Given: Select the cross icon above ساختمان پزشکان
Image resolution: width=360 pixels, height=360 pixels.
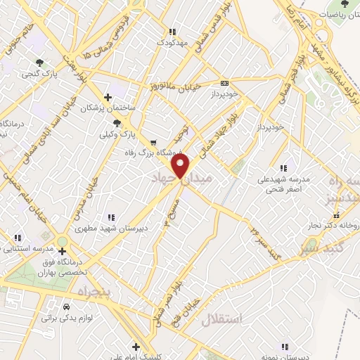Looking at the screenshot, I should pyautogui.click(x=107, y=97).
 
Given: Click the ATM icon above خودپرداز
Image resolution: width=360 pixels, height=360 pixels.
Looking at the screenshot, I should pyautogui.click(x=224, y=82).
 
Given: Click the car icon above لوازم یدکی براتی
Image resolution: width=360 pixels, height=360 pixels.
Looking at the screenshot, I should pyautogui.click(x=67, y=307).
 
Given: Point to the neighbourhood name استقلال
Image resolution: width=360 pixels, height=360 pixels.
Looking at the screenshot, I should pyautogui.click(x=221, y=320).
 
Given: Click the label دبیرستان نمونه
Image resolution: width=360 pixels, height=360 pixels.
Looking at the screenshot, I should pyautogui.click(x=290, y=356).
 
